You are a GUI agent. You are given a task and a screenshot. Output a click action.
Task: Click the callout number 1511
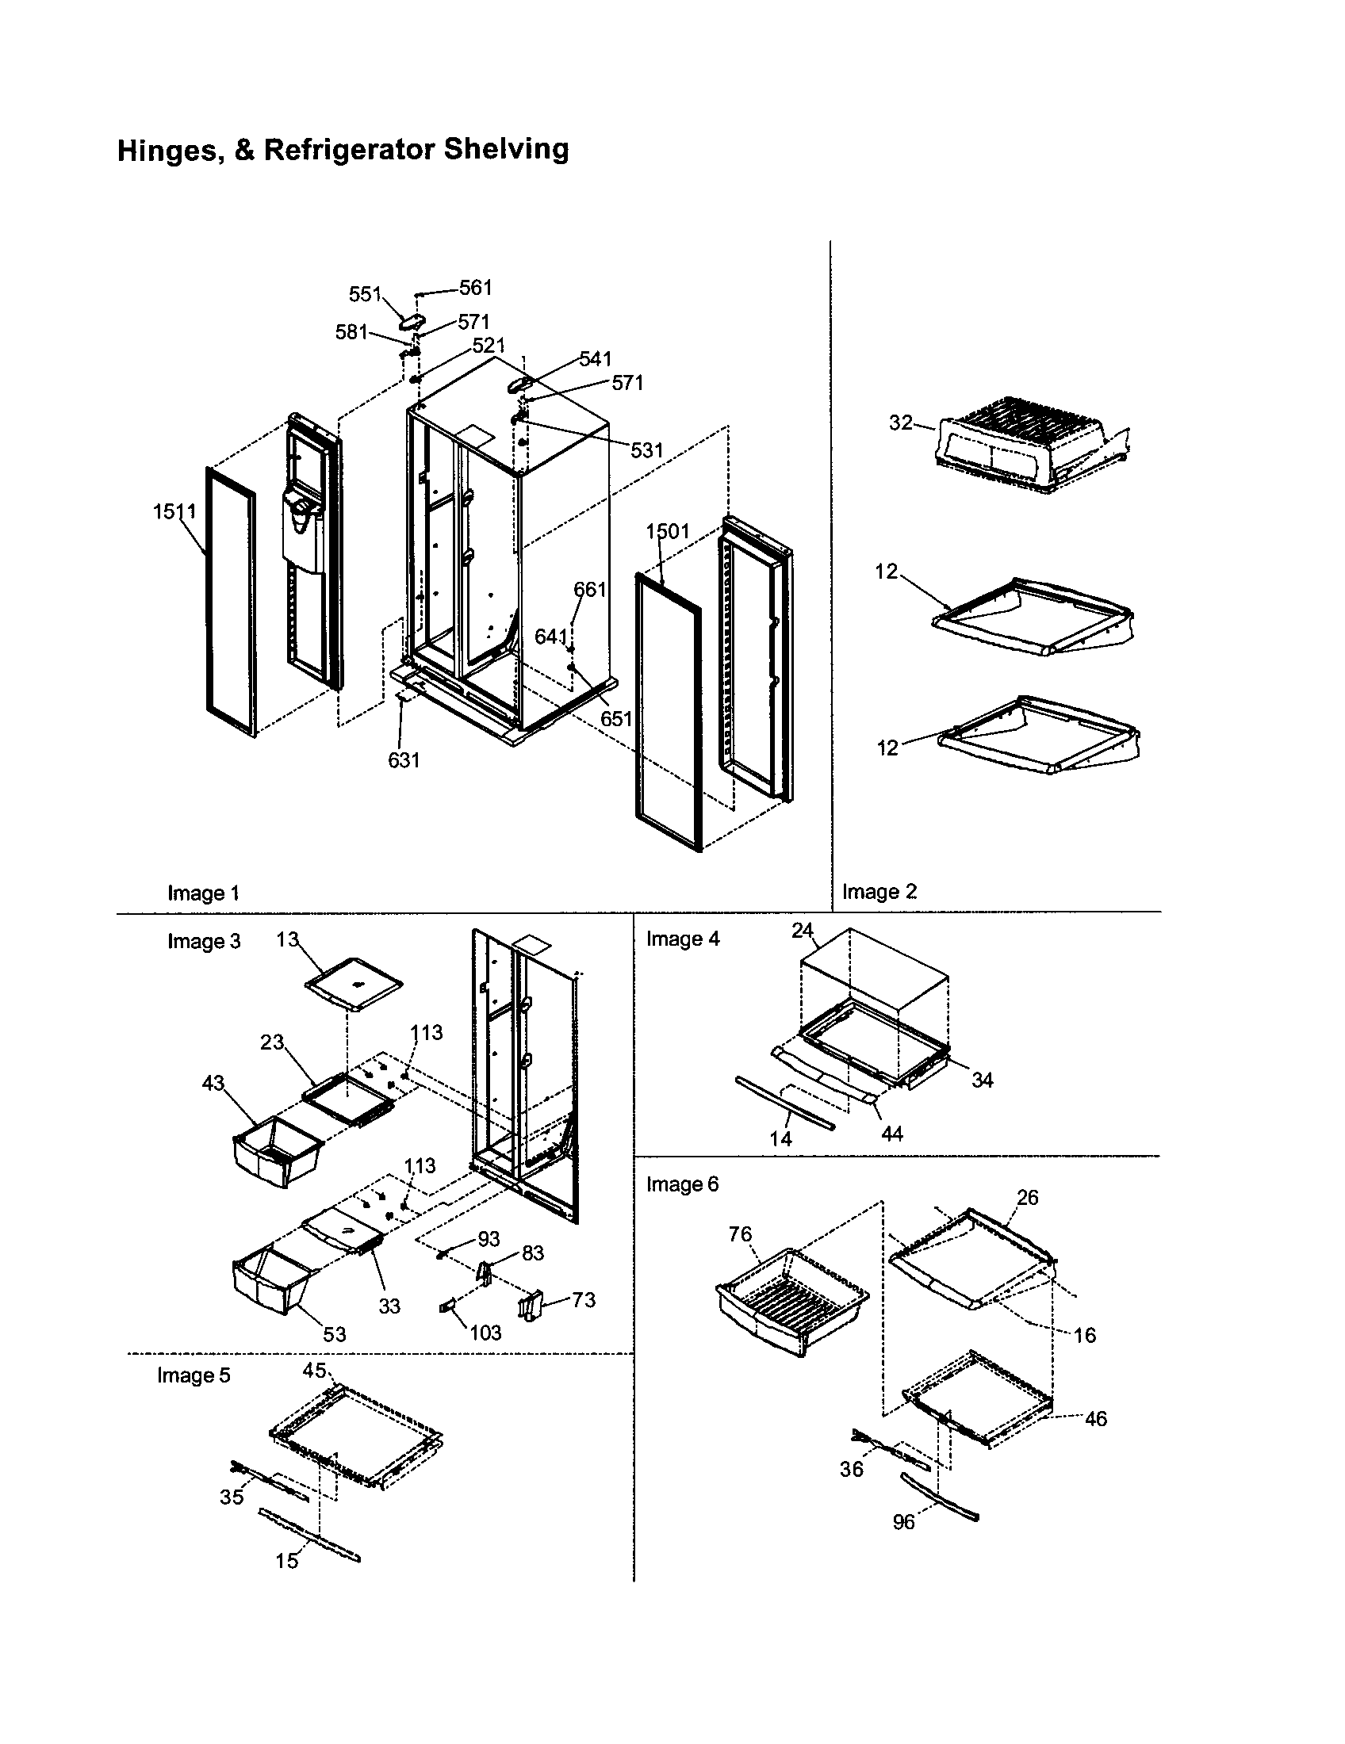[174, 511]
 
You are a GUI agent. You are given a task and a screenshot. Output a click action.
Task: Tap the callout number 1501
[667, 531]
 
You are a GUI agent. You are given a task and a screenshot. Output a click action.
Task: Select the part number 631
[404, 760]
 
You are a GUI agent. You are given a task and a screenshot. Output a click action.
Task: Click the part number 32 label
[900, 423]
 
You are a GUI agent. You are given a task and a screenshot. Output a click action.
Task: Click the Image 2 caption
[879, 891]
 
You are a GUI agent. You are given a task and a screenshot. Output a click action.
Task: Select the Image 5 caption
[194, 1375]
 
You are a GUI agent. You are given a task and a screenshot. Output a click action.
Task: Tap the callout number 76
[740, 1233]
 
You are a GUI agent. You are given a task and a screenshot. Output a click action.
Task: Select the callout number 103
[485, 1332]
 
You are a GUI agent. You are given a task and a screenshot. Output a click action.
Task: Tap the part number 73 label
[583, 1299]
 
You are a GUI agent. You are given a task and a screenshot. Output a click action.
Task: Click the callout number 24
[802, 931]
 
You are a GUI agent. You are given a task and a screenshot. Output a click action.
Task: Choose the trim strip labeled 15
[310, 1534]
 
